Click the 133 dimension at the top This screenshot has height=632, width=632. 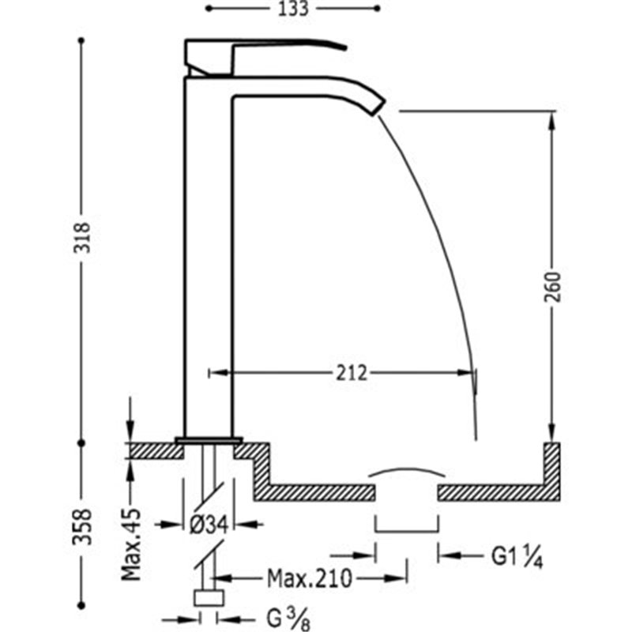point(293,9)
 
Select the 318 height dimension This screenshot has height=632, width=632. point(82,238)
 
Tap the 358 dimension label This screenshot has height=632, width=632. point(82,527)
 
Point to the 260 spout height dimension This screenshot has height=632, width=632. point(552,287)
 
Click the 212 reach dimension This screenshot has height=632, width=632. point(352,373)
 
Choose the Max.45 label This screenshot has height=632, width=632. point(132,544)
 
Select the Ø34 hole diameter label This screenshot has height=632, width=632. point(209,525)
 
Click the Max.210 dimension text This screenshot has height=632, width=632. point(310,579)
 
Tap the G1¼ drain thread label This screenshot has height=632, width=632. point(517,557)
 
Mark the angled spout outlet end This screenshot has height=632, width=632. point(378,107)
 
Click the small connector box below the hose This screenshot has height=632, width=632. point(209,598)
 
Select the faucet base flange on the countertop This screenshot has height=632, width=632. point(209,440)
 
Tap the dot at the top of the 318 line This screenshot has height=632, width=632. point(81,41)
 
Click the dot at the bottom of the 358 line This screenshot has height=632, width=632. point(81,605)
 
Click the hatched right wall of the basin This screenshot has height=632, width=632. point(551,472)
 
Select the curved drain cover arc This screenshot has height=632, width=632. point(407,470)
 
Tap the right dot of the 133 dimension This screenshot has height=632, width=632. point(378,9)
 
